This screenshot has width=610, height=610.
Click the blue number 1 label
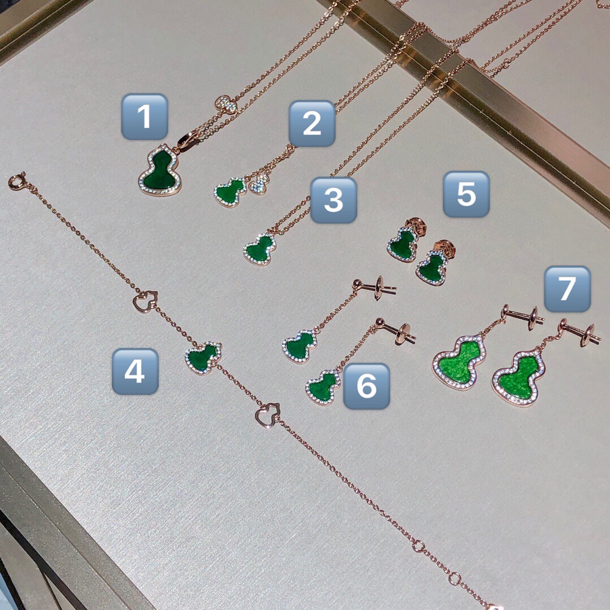(x=145, y=117)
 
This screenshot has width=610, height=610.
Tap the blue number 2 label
(x=312, y=123)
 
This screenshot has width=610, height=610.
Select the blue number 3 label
(x=333, y=200)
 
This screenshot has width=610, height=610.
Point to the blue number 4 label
(x=135, y=371)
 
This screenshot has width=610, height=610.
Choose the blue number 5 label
(x=466, y=194)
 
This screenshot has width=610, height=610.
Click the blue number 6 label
(x=367, y=386)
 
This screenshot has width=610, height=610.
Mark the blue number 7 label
(x=567, y=289)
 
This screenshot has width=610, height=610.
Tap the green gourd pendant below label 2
(x=230, y=192)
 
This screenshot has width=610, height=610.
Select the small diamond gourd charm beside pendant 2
(x=258, y=184)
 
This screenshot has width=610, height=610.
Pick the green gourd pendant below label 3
(x=260, y=250)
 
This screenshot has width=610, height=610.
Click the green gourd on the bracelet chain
(x=203, y=358)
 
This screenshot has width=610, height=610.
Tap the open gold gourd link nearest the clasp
(x=146, y=302)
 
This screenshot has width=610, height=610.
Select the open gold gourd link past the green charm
(x=268, y=415)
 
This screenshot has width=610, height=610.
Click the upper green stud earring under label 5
(x=402, y=244)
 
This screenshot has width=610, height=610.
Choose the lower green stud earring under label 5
(x=432, y=268)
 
